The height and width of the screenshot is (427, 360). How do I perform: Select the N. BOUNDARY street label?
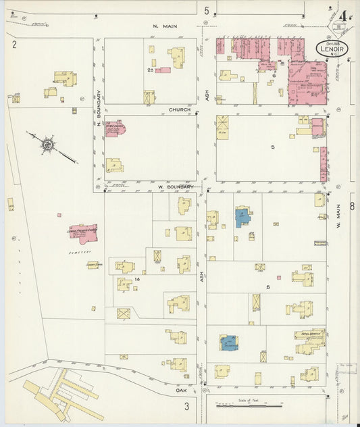(x=99, y=109)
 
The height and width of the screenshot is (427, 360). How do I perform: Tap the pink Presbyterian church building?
(x=83, y=233)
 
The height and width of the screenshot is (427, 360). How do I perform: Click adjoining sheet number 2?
(x=14, y=45)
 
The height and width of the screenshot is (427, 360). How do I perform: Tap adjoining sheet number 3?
(x=186, y=405)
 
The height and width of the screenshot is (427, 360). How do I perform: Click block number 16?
(x=136, y=278)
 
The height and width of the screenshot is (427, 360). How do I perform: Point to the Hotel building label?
(x=309, y=332)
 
